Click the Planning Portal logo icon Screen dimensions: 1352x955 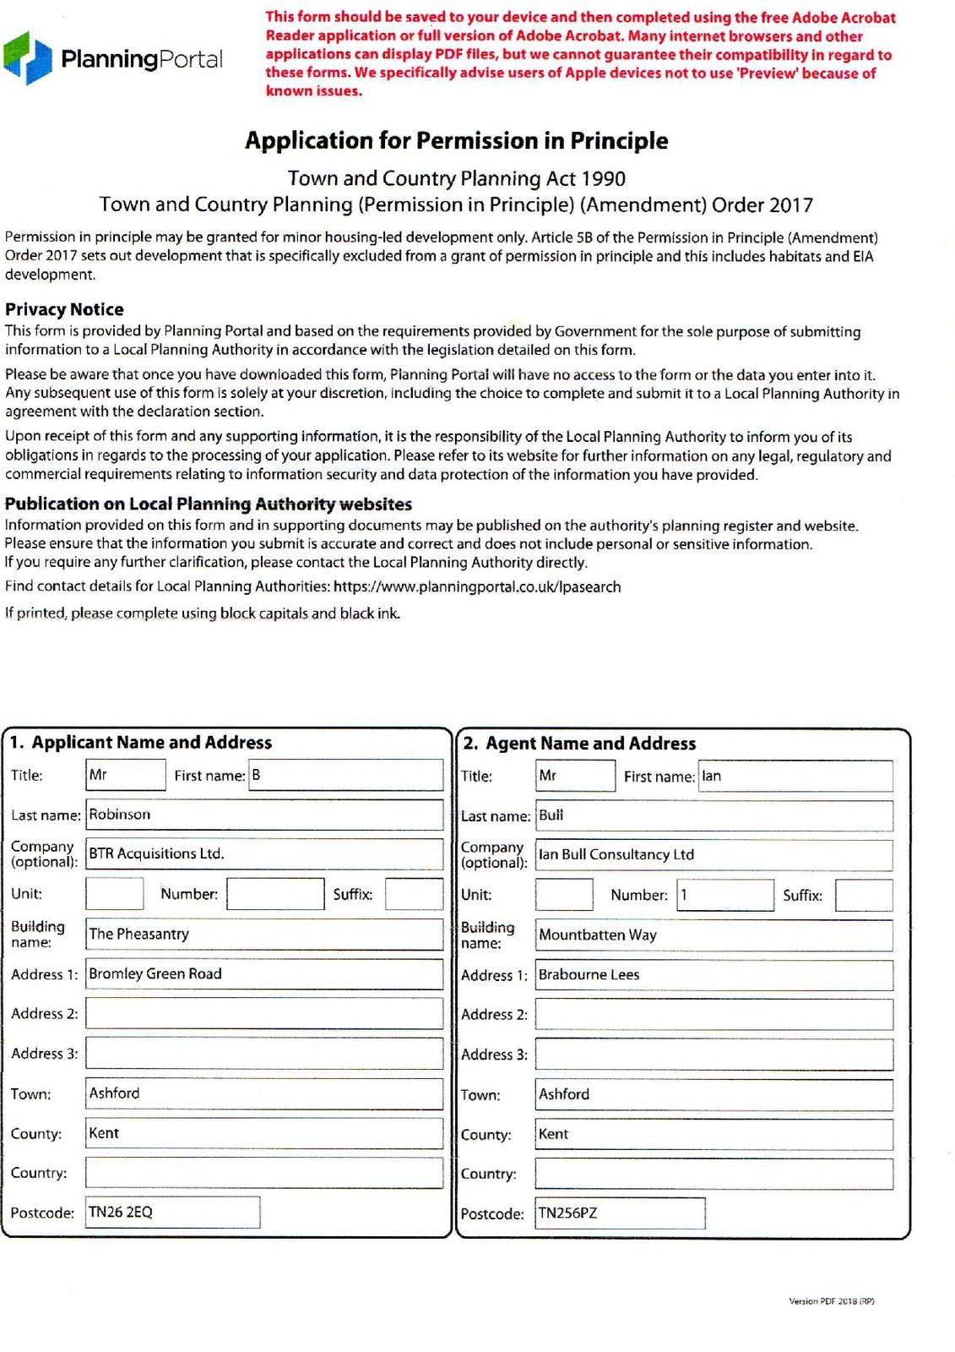pos(28,57)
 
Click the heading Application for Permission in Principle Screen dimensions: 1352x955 pos(456,140)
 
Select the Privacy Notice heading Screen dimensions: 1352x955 pos(64,309)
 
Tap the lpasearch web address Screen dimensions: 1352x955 pos(477,586)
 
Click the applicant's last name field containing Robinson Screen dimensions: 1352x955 pos(264,815)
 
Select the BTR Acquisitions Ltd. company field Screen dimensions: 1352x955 pos(264,853)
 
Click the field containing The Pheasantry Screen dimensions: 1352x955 pos(264,934)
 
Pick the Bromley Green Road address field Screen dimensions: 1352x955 pos(264,973)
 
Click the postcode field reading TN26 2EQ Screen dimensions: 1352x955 pos(173,1213)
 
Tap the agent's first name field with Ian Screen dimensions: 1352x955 pos(795,777)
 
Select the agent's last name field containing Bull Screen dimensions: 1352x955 pos(714,815)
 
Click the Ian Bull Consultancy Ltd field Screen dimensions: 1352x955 pos(714,854)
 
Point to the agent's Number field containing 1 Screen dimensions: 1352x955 pos(725,895)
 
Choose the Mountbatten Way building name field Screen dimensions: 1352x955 pos(714,935)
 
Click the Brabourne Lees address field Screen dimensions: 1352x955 pos(714,974)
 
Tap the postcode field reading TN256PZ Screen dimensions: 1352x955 pos(620,1213)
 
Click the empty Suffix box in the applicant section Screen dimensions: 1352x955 pos(414,894)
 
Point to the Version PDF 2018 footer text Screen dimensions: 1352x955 pos(831,1301)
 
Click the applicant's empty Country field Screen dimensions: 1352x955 pos(264,1173)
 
